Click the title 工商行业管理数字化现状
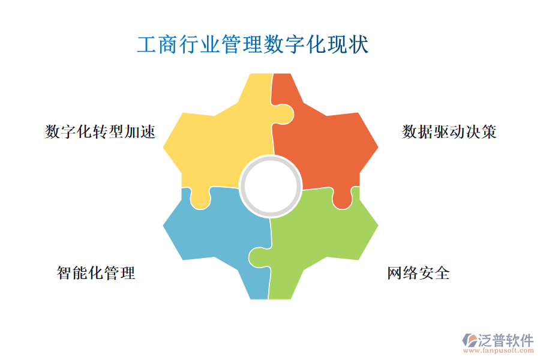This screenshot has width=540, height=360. click(253, 45)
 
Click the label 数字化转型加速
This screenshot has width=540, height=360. click(100, 131)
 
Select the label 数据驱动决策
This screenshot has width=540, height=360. click(449, 131)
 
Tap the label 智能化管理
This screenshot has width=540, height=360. click(96, 273)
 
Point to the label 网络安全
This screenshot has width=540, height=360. click(418, 273)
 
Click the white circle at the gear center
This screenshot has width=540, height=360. click(271, 185)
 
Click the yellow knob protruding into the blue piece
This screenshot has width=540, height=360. click(200, 198)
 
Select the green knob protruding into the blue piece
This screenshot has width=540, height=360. click(258, 257)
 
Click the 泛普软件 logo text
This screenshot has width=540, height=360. click(505, 341)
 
